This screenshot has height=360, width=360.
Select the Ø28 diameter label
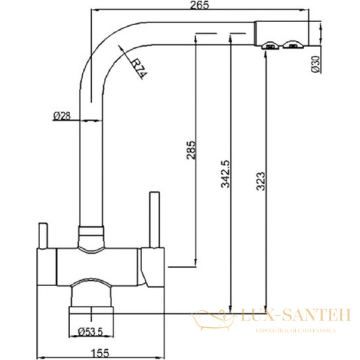(x=62, y=116)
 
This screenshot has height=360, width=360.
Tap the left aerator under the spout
(x=270, y=46)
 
